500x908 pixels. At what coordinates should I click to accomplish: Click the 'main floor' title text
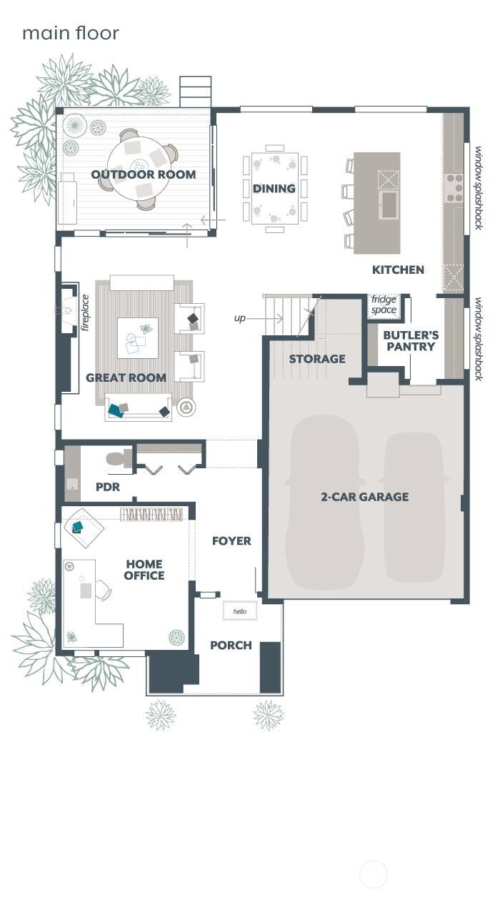click(x=70, y=33)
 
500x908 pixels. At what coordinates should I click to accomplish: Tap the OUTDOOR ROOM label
click(x=143, y=174)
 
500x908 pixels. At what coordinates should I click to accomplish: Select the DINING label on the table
click(x=274, y=189)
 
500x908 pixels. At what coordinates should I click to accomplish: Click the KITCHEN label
click(x=398, y=270)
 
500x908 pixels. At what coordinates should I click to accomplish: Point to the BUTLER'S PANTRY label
click(x=411, y=340)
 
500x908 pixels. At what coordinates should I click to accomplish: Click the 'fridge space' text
click(x=384, y=305)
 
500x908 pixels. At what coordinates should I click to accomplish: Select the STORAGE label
click(x=317, y=359)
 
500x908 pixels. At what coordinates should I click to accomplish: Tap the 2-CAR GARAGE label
click(x=364, y=497)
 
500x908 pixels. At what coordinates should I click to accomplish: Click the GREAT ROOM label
click(x=126, y=377)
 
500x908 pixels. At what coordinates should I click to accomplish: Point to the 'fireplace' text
click(x=84, y=312)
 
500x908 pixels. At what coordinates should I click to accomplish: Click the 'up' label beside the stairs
click(x=239, y=318)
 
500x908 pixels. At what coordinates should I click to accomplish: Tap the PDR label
click(x=107, y=487)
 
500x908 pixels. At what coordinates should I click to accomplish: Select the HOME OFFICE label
click(x=144, y=570)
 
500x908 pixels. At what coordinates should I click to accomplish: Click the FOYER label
click(x=231, y=541)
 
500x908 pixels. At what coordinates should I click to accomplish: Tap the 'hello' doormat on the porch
click(x=239, y=611)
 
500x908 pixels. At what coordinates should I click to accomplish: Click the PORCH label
click(x=231, y=646)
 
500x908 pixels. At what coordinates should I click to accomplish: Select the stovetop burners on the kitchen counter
click(x=454, y=188)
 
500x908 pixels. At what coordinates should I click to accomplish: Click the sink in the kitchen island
click(x=389, y=205)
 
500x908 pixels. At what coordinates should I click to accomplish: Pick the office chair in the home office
click(x=102, y=590)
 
